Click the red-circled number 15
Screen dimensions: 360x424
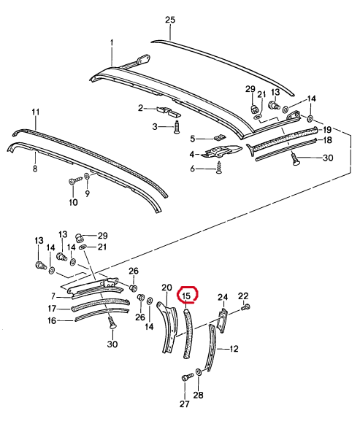point(187,296)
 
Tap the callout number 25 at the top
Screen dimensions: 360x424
point(170,20)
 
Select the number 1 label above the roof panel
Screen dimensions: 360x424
point(112,43)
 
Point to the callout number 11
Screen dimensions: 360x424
point(36,112)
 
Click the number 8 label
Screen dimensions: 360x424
point(35,169)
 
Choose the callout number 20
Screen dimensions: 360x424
point(166,288)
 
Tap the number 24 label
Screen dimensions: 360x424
point(223,297)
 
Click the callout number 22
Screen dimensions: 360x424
point(243,296)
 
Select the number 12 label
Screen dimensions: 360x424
point(234,349)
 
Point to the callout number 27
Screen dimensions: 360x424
point(185,404)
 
